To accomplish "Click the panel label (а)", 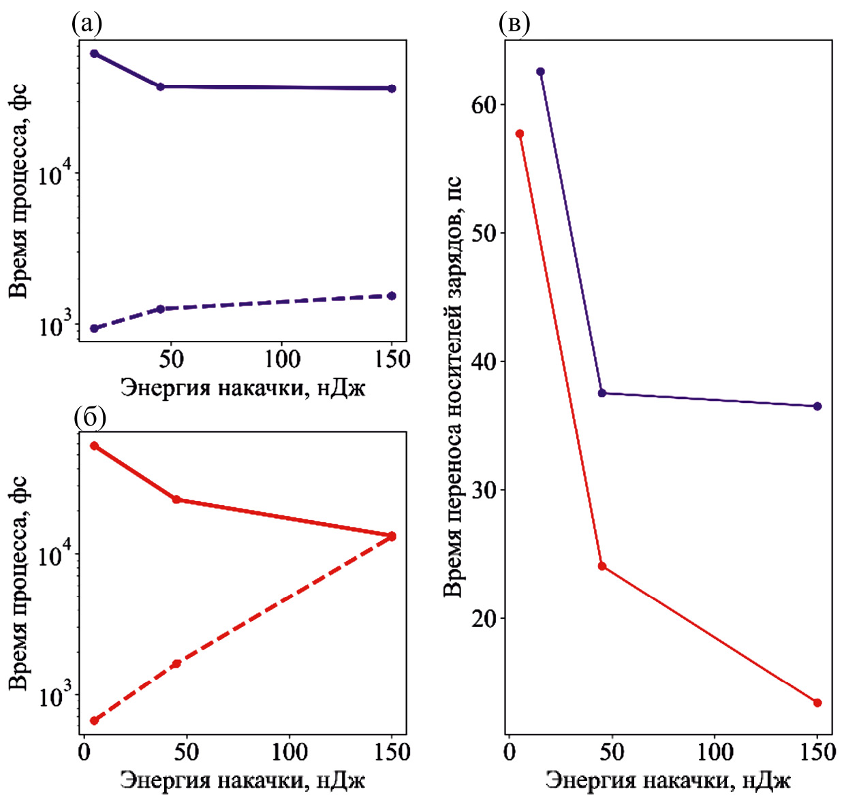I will pos(87,25).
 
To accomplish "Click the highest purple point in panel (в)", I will pos(541,71).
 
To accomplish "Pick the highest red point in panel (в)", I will pos(520,133).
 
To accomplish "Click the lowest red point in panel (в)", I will pos(817,703).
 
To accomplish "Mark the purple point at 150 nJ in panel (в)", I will pos(817,406).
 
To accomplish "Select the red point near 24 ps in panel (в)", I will pos(602,566).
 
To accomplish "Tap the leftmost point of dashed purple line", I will pos(94,329).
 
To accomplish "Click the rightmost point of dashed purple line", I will pos(392,295).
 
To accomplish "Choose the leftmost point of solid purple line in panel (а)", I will pos(94,53).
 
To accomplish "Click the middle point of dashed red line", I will pos(176,664).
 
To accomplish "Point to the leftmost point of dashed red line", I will pos(94,720).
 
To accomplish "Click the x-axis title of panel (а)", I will pos(243,388).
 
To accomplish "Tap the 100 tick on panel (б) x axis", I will pos(290,752).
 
